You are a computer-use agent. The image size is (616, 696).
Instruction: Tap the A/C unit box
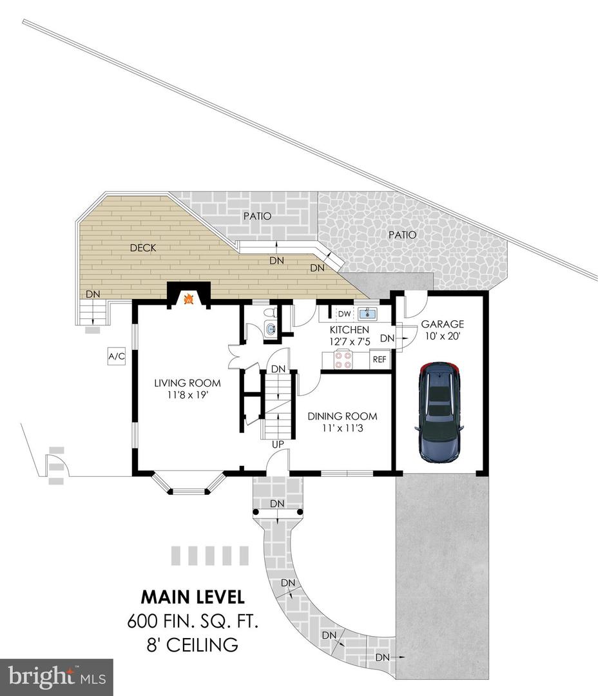117,356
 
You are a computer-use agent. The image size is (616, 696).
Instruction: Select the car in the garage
439,412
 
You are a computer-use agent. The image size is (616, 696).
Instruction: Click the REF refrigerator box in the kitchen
380,360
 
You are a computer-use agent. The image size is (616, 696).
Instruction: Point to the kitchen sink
367,314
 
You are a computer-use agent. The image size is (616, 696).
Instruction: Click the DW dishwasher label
344,314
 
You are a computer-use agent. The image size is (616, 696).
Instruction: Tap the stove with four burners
343,360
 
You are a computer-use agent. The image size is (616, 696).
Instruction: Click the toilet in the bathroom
269,313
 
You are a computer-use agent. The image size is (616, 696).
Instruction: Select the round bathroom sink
270,329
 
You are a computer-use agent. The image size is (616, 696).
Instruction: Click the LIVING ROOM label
188,383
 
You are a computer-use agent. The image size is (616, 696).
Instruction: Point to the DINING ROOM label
342,416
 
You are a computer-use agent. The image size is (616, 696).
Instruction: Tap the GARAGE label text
443,324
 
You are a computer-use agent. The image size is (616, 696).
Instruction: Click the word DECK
143,248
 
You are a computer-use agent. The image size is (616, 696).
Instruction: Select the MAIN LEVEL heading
193,597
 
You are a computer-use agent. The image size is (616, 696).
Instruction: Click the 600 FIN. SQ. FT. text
193,621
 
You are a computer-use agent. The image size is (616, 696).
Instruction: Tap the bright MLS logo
56,677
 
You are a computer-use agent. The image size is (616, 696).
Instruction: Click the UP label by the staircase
278,444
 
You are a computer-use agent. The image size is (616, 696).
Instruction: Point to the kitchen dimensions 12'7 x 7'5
349,342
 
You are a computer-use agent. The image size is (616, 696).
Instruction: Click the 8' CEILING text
193,644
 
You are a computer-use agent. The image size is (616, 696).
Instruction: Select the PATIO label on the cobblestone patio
403,235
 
